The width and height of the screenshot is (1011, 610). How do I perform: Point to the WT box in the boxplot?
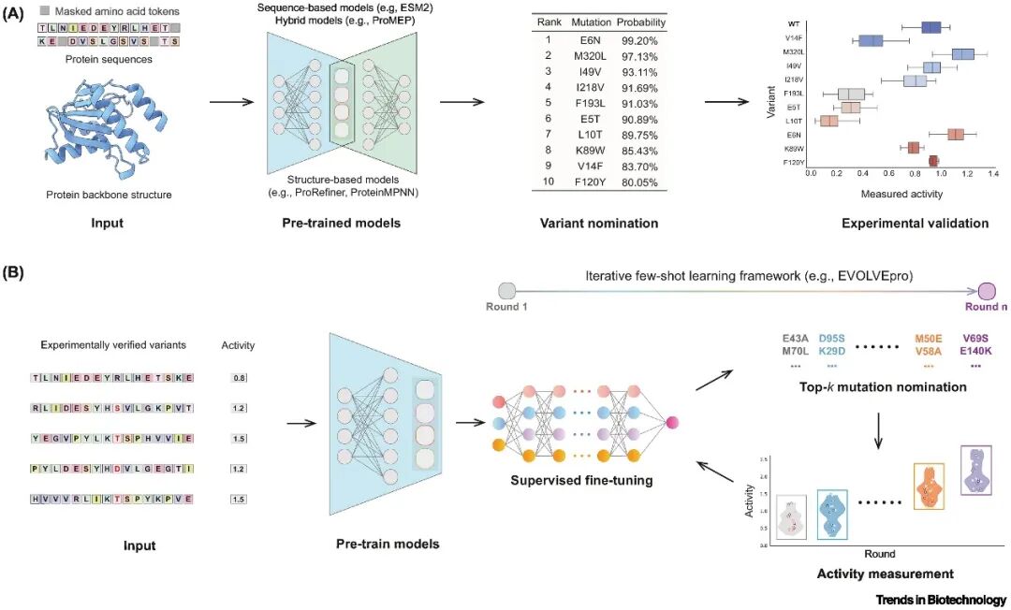coord(930,27)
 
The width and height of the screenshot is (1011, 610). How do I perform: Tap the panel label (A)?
coord(18,17)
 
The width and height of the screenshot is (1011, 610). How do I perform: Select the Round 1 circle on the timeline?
coord(507,290)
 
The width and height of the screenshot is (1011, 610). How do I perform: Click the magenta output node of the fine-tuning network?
coord(671,424)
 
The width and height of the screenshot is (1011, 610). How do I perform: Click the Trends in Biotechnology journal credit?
coord(941,600)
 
